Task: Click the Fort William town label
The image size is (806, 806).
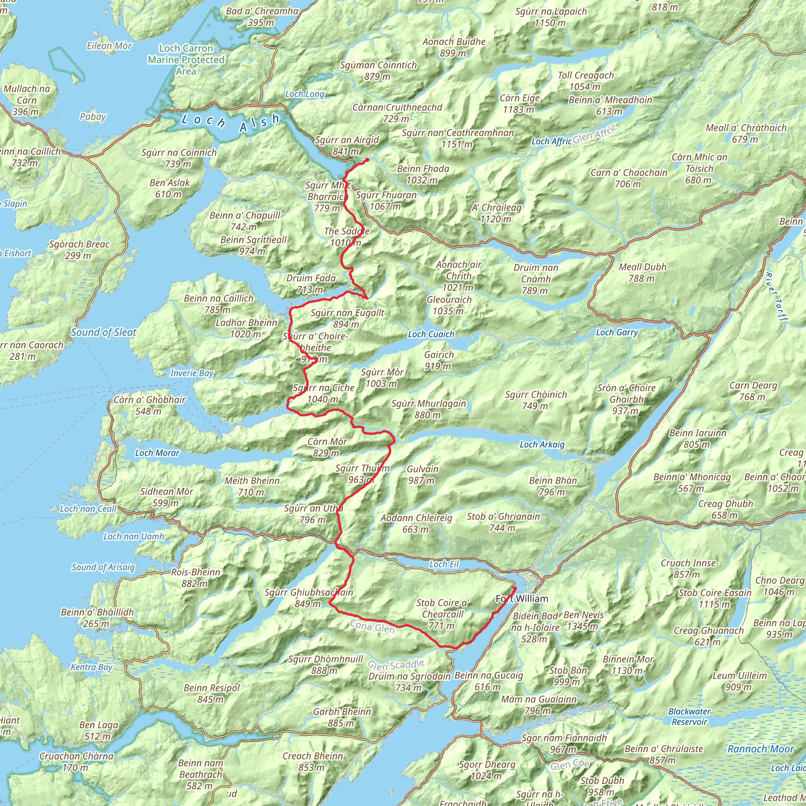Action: coord(521,599)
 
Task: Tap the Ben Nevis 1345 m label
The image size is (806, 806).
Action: coord(583,620)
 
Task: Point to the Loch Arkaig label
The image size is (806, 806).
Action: coord(542,445)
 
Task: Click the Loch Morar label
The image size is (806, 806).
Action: coord(157,453)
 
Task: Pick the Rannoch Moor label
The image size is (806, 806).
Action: coord(760,749)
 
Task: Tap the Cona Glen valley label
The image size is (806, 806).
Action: coord(372,627)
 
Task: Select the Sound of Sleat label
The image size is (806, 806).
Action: coord(104,333)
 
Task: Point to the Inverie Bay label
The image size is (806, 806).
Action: coord(192,373)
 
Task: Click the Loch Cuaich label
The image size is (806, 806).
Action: coord(431,334)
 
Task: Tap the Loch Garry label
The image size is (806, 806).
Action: coord(617,333)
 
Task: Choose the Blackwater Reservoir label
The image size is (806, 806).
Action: coord(689,716)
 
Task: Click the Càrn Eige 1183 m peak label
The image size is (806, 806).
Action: coord(519,104)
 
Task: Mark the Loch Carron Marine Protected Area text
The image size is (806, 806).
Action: coord(186,60)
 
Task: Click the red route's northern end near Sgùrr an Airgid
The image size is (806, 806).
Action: coord(367,160)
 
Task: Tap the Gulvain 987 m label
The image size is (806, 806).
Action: coord(422,474)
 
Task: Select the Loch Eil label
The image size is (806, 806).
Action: coord(444,564)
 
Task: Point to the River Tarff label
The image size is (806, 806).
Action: coord(776,297)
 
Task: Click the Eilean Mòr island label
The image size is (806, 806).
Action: coord(109,46)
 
